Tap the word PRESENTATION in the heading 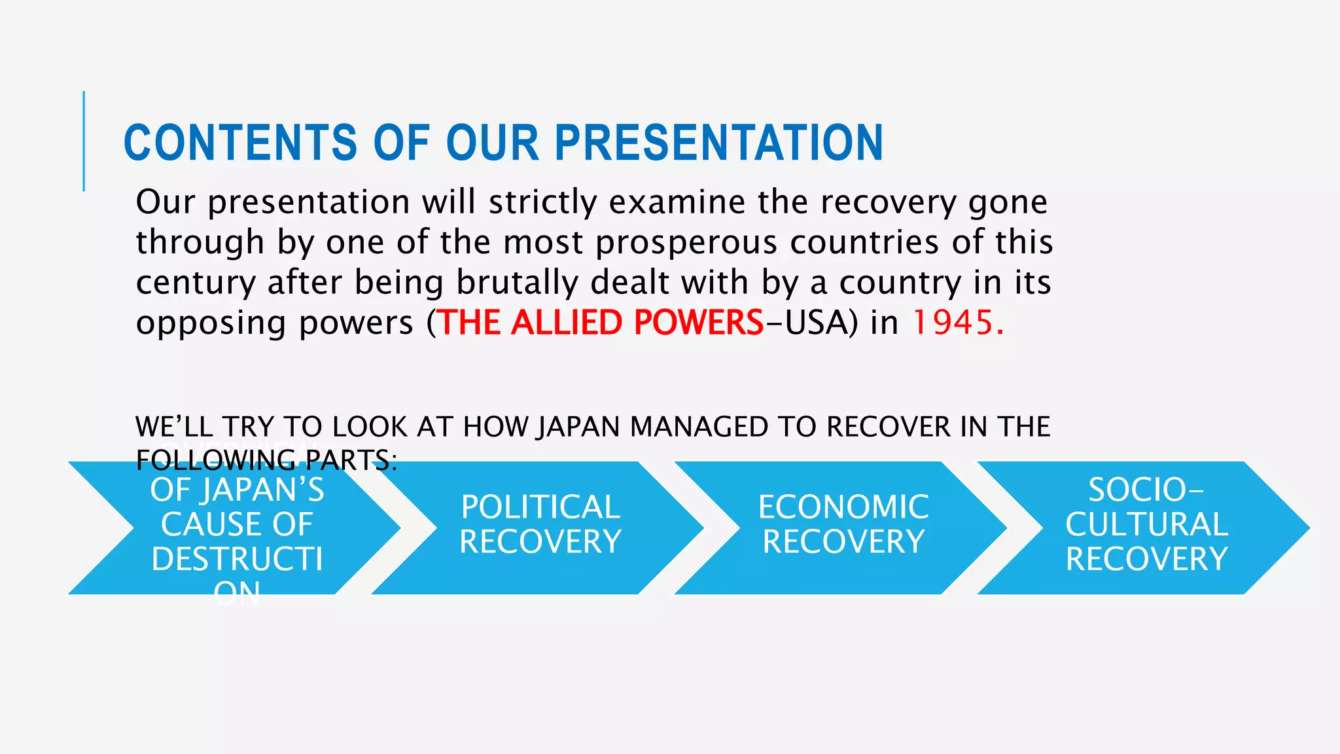pos(719,143)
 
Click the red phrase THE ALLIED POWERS pos(600,323)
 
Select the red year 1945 pos(953,323)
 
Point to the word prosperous pos(686,243)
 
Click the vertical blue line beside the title pos(84,141)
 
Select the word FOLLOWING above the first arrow pos(217,461)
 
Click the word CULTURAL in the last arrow pos(1146,525)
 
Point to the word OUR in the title pos(492,143)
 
